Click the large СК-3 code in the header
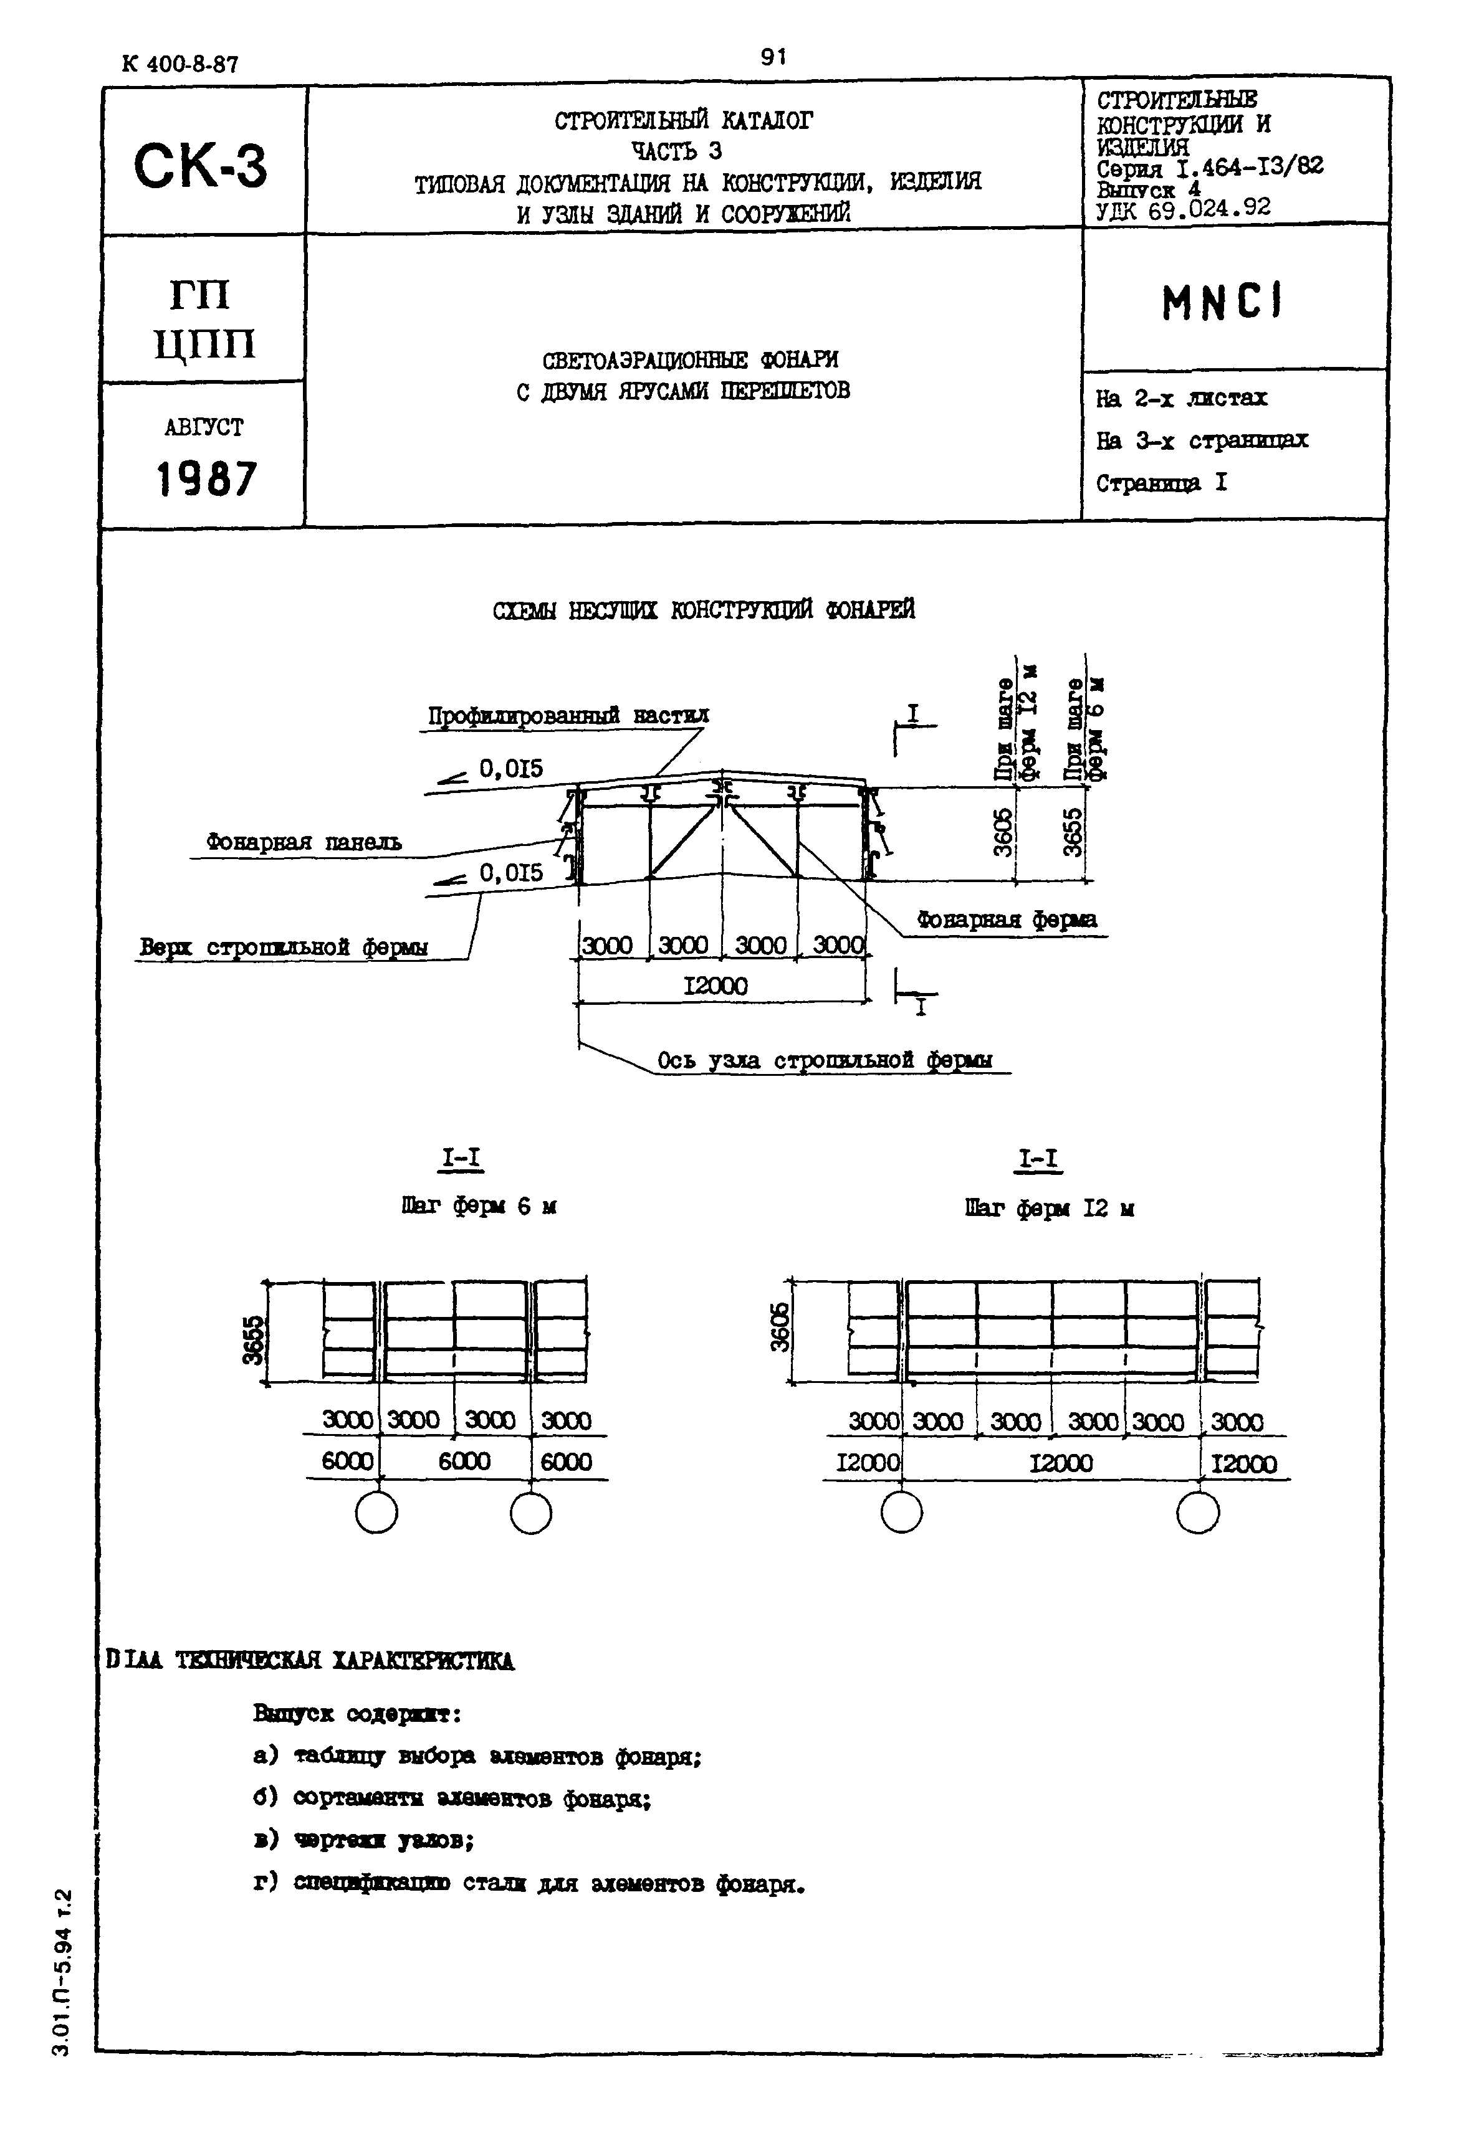click(201, 167)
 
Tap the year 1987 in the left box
click(206, 479)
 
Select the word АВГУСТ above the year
click(204, 427)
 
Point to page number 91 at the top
click(773, 57)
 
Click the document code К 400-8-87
click(179, 64)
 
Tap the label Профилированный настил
click(568, 715)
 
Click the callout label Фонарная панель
click(304, 842)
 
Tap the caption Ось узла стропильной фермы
click(824, 1059)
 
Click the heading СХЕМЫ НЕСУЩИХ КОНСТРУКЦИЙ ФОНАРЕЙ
click(704, 609)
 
